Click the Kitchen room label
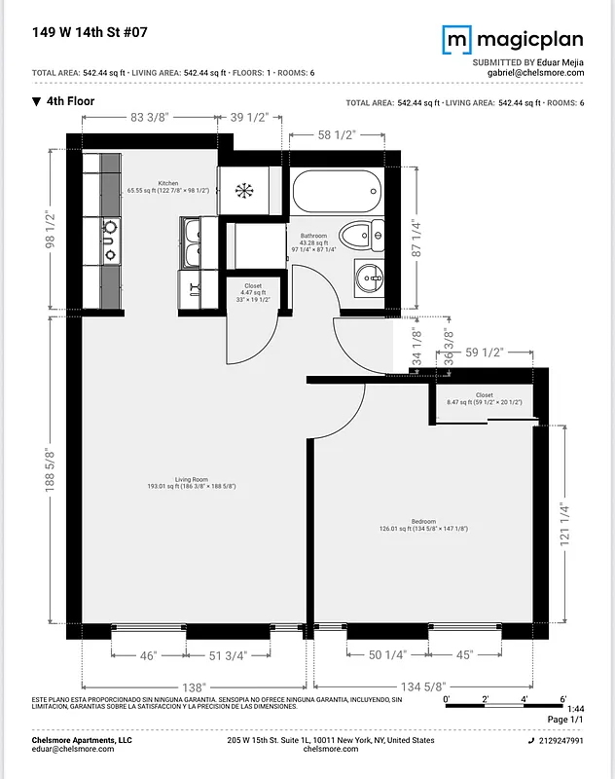(x=168, y=183)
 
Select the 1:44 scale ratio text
(x=575, y=708)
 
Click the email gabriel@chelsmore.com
(x=535, y=73)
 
